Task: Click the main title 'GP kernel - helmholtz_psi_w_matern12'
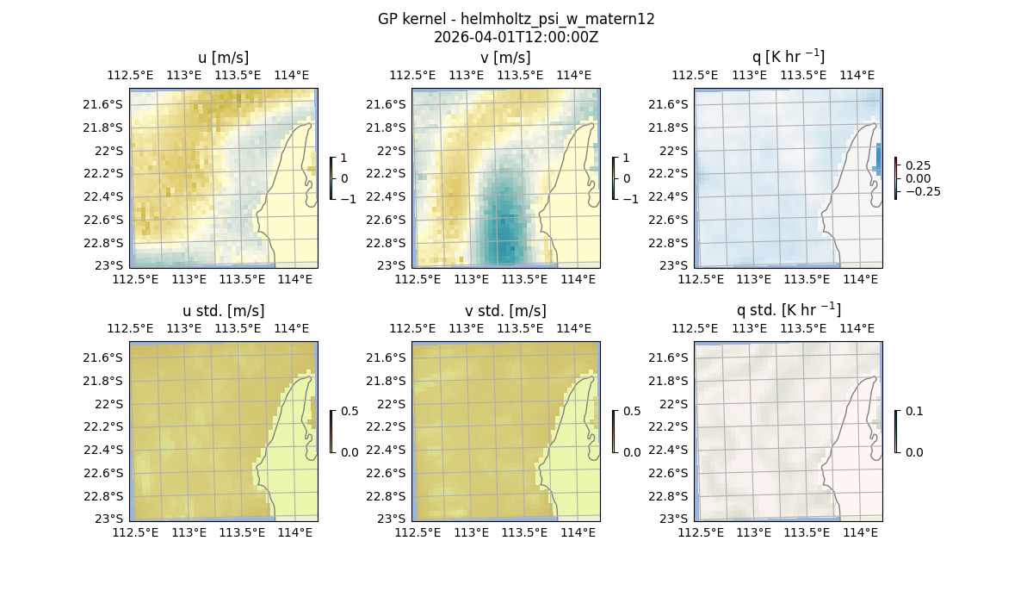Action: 516,19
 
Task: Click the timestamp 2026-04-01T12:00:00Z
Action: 516,37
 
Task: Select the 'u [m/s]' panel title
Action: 223,58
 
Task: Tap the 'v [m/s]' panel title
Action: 505,58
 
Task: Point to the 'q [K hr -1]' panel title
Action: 788,57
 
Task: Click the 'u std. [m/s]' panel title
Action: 223,311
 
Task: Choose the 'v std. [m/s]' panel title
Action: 505,311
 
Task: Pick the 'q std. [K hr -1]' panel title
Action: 788,310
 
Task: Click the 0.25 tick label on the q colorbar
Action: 918,165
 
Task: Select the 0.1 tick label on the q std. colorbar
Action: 912,411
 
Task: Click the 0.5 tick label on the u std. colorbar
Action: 349,411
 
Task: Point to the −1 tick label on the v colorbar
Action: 631,198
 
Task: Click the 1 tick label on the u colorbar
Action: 345,158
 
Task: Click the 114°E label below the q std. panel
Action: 859,532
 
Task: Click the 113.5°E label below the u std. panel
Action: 242,532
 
